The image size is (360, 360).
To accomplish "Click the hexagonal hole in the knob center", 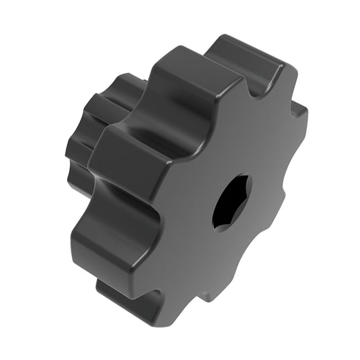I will point(231,200).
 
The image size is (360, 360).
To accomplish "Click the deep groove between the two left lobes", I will point(128,195).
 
